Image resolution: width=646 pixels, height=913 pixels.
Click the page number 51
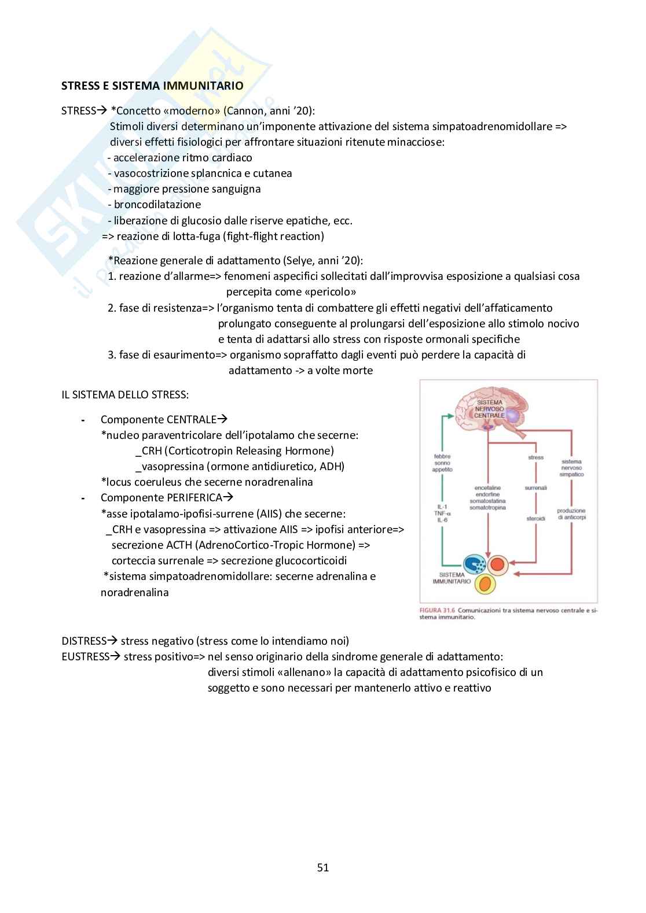click(x=323, y=867)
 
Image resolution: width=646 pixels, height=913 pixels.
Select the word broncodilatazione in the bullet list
click(x=157, y=205)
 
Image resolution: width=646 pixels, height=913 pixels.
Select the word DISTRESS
click(x=84, y=641)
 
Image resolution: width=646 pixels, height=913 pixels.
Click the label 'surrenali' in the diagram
click(x=536, y=487)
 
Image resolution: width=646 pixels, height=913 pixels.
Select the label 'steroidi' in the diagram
click(x=536, y=519)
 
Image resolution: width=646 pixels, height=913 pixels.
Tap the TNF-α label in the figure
click(x=442, y=513)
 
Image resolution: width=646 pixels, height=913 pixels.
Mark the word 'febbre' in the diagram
click(x=442, y=456)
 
